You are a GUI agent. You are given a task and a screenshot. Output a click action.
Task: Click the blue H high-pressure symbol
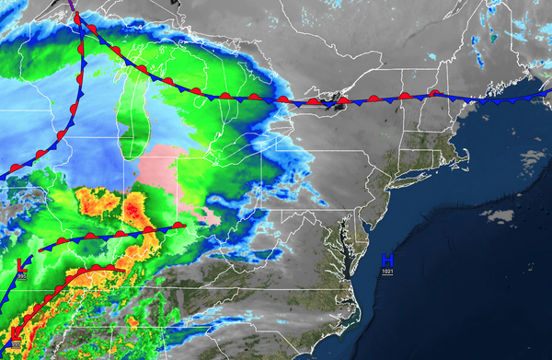click(x=387, y=260)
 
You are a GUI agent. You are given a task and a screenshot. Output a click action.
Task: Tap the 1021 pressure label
click(x=387, y=272)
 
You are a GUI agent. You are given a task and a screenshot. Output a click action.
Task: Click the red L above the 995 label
click(x=21, y=265)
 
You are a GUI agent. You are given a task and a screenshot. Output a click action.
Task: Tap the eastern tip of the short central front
click(x=184, y=224)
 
